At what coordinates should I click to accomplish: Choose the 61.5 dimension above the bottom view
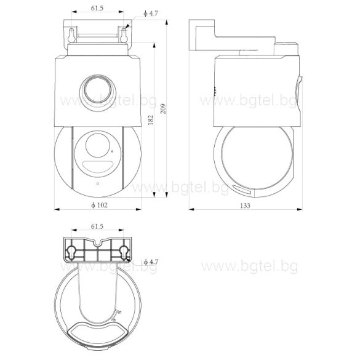click(x=97, y=226)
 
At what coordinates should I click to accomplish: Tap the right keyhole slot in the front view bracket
click(x=125, y=35)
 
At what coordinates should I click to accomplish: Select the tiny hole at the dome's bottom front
click(x=97, y=183)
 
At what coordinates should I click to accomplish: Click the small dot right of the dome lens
click(x=112, y=149)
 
